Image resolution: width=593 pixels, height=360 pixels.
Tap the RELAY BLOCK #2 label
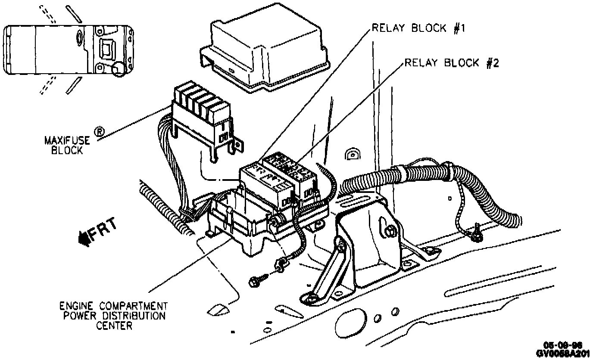click(451, 63)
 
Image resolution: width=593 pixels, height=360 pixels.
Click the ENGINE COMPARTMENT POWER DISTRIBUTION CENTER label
click(113, 316)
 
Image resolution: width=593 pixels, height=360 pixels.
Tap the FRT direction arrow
click(97, 234)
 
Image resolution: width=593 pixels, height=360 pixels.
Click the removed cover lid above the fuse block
click(265, 53)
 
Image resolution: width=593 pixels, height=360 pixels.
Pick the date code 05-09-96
click(563, 345)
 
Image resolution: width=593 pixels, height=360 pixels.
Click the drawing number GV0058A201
click(563, 353)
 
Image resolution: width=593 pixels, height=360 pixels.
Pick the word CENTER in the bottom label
click(114, 326)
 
